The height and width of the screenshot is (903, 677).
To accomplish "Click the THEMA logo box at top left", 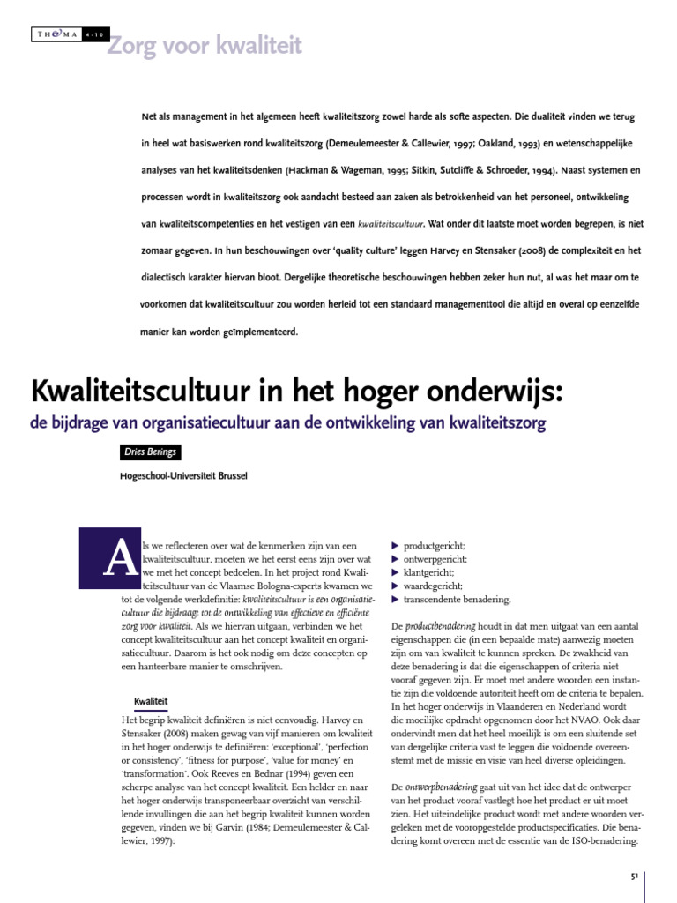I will tap(55, 34).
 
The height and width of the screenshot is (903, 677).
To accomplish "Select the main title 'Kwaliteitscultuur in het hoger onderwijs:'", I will tap(295, 389).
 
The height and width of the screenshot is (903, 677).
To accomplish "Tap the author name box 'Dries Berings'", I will tap(150, 452).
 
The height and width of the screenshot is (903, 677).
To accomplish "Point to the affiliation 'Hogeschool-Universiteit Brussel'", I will tap(183, 476).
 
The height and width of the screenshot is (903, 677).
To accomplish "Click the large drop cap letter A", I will tap(103, 558).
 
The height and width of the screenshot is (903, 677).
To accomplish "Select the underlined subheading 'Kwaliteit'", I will tap(150, 701).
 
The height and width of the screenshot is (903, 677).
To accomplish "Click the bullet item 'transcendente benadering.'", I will tap(457, 599).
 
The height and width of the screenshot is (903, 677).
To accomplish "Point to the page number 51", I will tap(634, 877).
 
